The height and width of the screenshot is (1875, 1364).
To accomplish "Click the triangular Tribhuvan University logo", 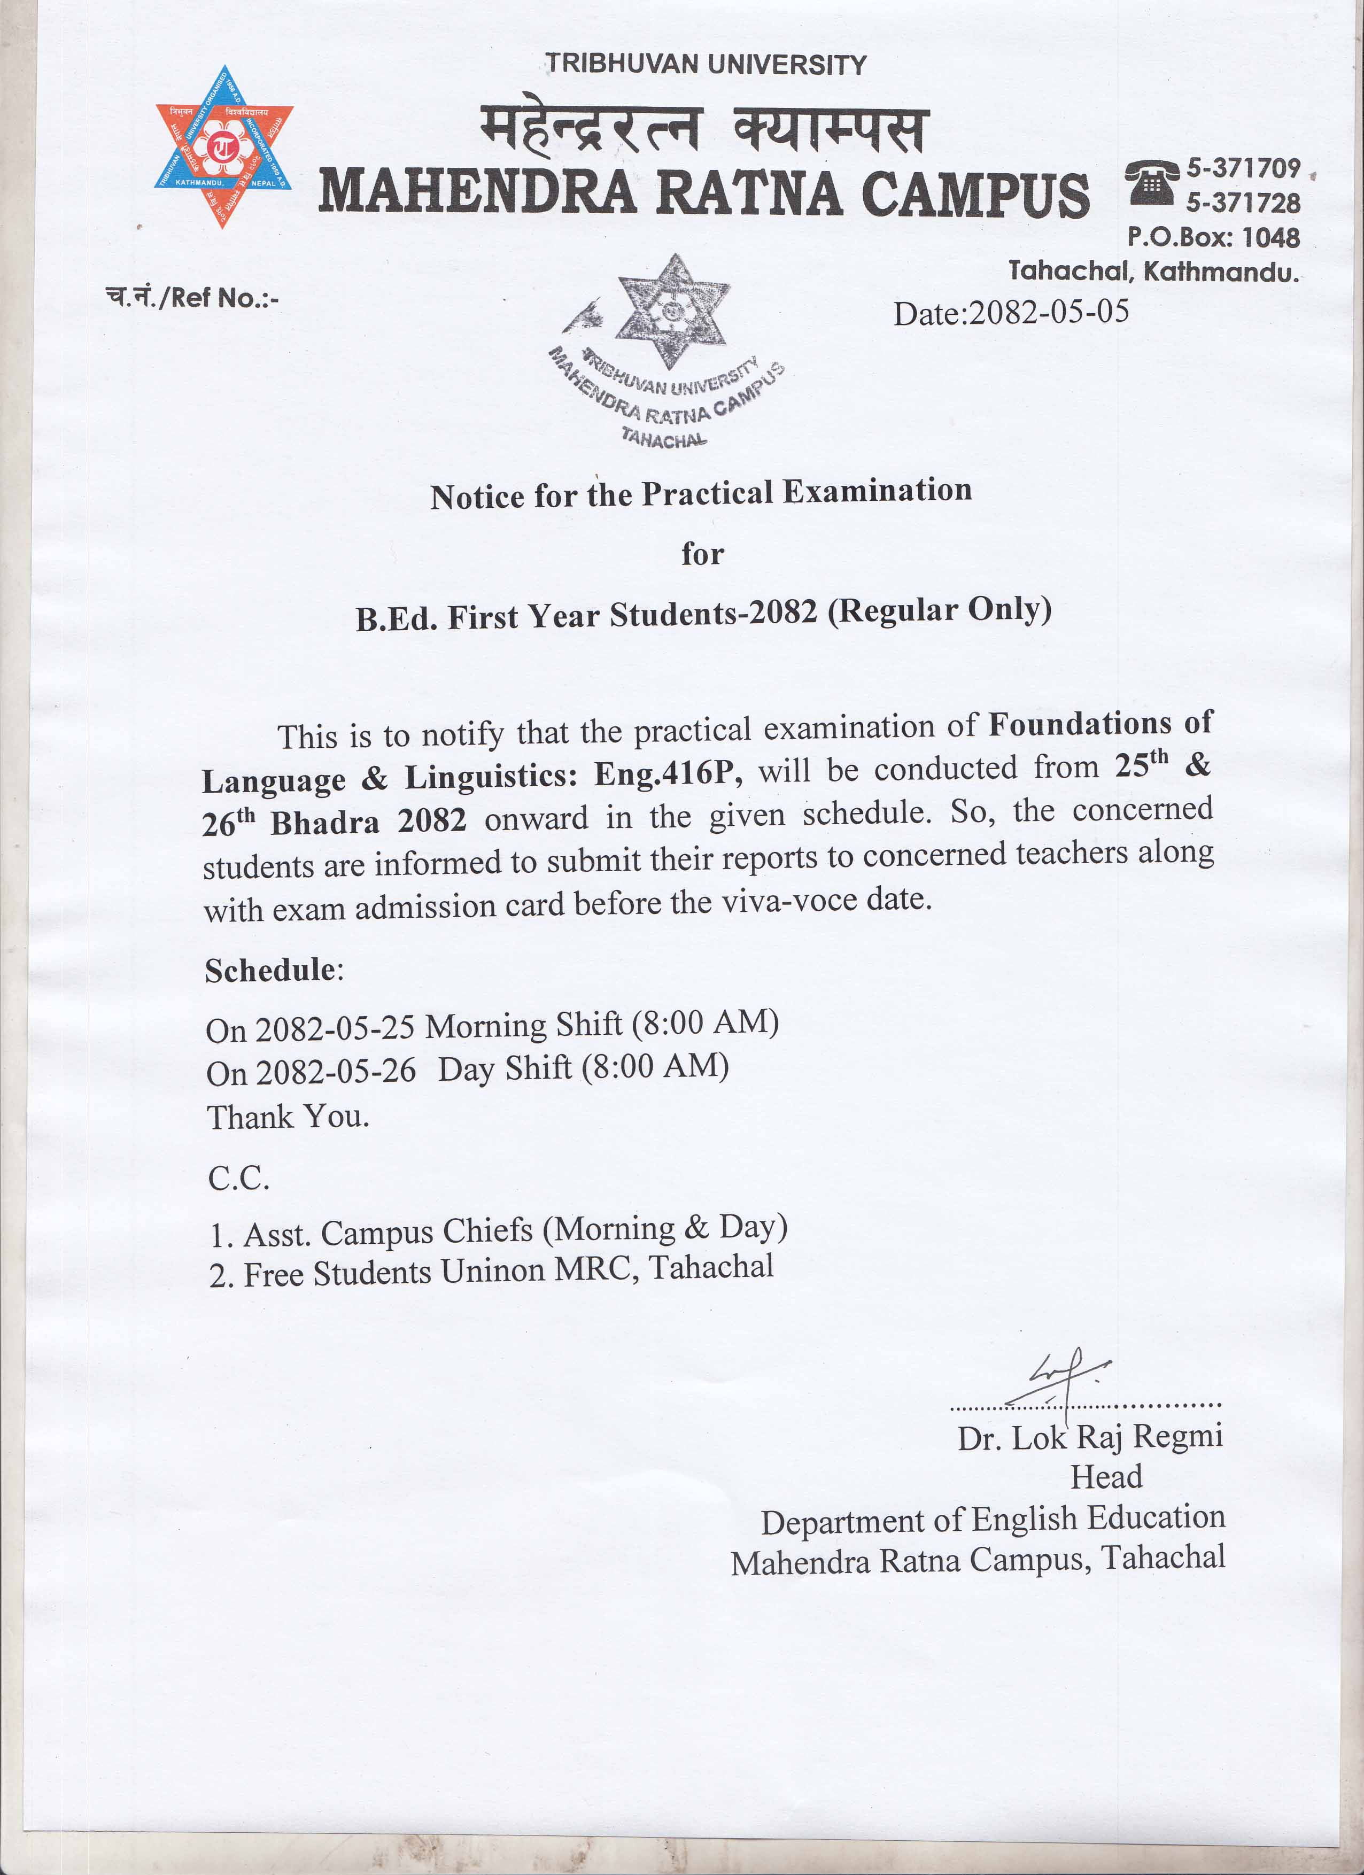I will pyautogui.click(x=223, y=147).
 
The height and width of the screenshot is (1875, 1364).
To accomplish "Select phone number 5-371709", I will pyautogui.click(x=1243, y=169).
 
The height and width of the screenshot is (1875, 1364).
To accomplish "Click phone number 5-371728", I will pyautogui.click(x=1243, y=203).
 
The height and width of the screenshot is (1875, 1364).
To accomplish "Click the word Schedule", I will pyautogui.click(x=270, y=970).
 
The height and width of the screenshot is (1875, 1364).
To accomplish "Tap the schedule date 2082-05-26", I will pyautogui.click(x=335, y=1072).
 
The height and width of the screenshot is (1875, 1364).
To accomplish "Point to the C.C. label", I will pyautogui.click(x=239, y=1178).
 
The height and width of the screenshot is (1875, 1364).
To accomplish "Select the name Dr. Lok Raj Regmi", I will pyautogui.click(x=1090, y=1437).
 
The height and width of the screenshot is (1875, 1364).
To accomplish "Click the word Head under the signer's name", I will pyautogui.click(x=1106, y=1476).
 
